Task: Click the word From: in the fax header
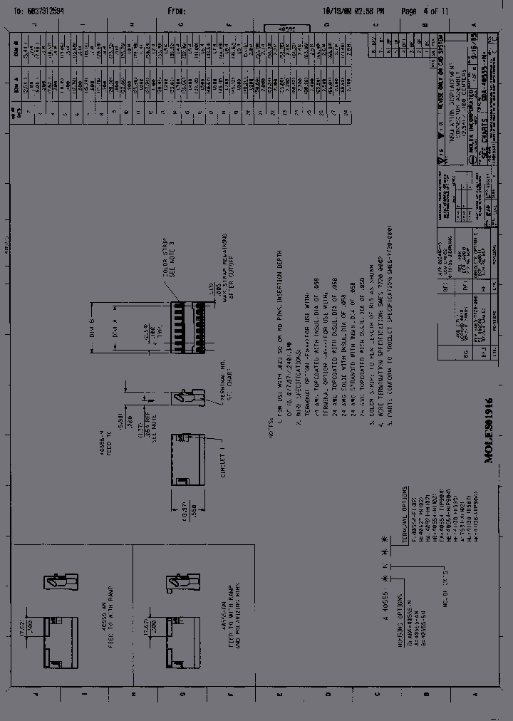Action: click(x=176, y=11)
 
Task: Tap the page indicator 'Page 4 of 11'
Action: click(x=425, y=11)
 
